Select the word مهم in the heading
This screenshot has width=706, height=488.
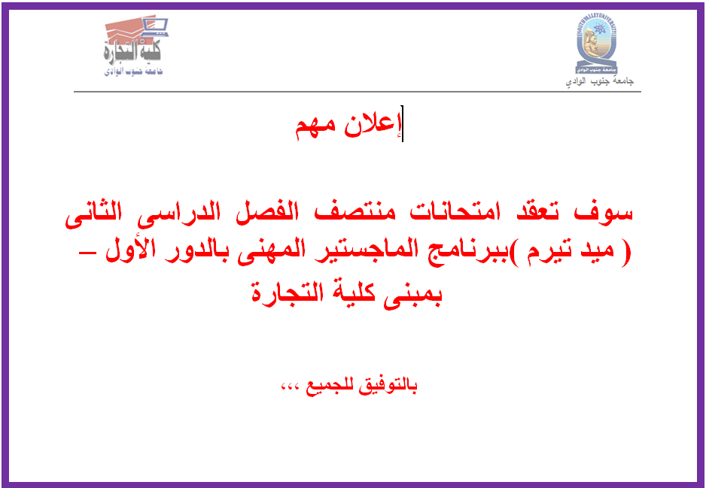tap(317, 128)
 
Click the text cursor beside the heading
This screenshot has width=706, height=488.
tap(402, 123)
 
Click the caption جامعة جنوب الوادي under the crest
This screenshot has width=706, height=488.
tap(600, 81)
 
